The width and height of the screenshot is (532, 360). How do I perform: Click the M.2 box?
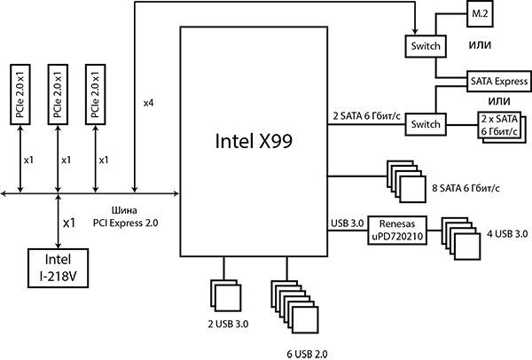[478, 15]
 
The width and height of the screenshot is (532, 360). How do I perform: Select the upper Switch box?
[426, 46]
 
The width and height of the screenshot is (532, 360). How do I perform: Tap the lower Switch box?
[426, 124]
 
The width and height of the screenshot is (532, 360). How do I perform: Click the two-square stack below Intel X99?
[225, 295]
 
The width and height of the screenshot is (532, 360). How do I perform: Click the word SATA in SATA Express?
[481, 81]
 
